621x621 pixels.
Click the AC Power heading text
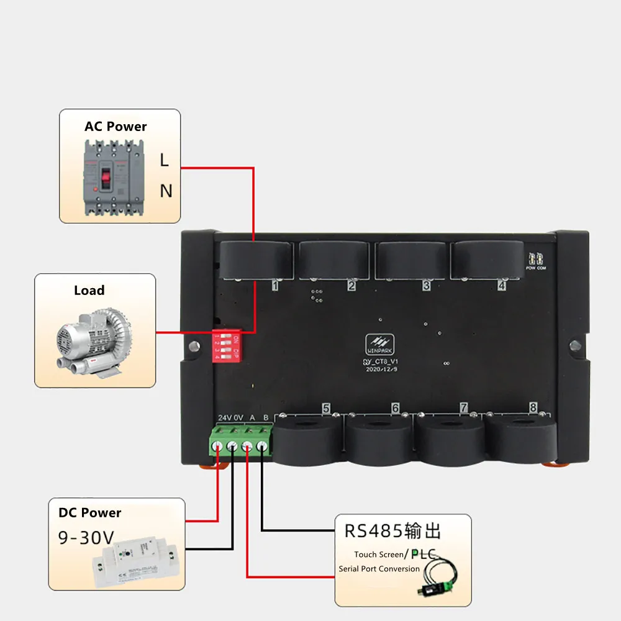(x=116, y=127)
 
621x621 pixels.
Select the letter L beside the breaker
(x=164, y=160)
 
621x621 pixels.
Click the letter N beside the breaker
(x=166, y=191)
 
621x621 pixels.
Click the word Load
(x=89, y=291)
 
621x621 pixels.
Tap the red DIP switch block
(x=226, y=347)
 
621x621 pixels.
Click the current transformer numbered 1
(x=256, y=260)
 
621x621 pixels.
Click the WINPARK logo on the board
(x=380, y=343)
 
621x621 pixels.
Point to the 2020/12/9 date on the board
(x=381, y=368)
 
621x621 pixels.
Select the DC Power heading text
(x=90, y=513)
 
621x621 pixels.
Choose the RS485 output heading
(x=392, y=532)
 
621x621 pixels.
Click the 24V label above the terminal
(x=224, y=417)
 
